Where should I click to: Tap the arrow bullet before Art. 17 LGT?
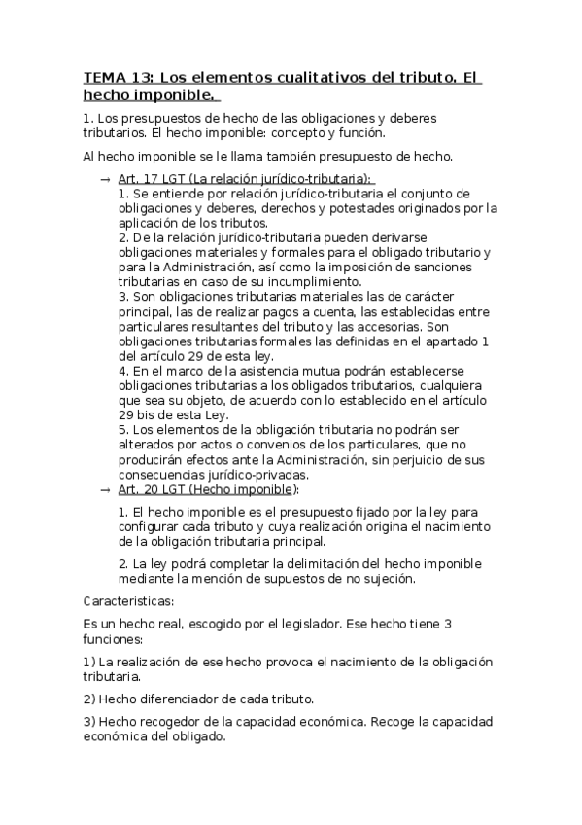click(104, 180)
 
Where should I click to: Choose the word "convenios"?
click(239, 446)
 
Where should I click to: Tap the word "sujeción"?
click(387, 579)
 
